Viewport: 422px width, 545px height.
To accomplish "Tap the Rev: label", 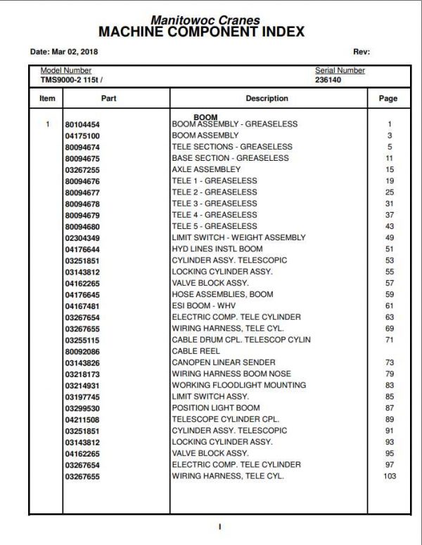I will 361,52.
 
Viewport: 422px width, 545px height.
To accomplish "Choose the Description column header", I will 267,99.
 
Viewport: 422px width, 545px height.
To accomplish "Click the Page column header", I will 388,99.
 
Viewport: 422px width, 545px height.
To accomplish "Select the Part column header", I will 109,99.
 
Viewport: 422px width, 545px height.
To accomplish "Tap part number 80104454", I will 82,124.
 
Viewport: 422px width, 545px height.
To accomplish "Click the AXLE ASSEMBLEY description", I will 206,169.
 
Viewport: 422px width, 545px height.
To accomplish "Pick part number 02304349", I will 82,237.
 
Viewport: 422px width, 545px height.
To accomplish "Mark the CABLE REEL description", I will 196,351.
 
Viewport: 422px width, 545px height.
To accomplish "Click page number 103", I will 389,476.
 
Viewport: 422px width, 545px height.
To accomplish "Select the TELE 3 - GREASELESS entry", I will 215,204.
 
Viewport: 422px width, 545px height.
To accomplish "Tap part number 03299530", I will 82,408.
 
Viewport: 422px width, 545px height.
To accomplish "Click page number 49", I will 389,237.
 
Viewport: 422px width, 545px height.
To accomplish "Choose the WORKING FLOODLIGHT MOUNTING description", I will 238,385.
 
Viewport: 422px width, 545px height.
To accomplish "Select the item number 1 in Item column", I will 47,124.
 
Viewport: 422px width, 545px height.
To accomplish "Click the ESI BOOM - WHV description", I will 204,306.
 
